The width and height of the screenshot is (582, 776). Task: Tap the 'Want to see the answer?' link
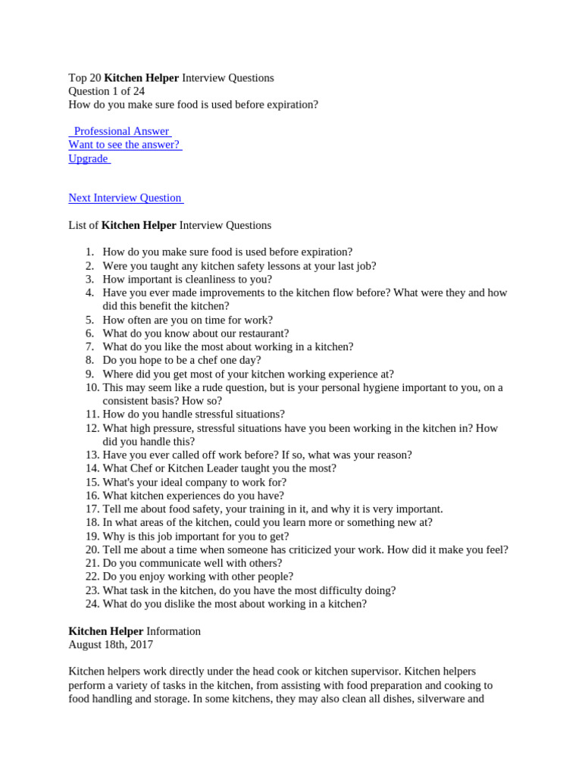pyautogui.click(x=124, y=145)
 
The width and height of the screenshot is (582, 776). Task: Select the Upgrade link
pyautogui.click(x=88, y=158)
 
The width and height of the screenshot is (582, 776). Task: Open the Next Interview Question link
pyautogui.click(x=125, y=198)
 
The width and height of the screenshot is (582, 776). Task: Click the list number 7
pyautogui.click(x=89, y=346)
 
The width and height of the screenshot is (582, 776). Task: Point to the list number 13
pyautogui.click(x=92, y=455)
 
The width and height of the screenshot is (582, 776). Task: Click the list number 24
pyautogui.click(x=92, y=604)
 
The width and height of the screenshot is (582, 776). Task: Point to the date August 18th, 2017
pyautogui.click(x=111, y=645)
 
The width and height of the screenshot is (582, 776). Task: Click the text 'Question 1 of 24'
pyautogui.click(x=107, y=91)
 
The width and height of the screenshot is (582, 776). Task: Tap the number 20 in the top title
pyautogui.click(x=95, y=77)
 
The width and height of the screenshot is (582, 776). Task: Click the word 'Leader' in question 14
pyautogui.click(x=196, y=468)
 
